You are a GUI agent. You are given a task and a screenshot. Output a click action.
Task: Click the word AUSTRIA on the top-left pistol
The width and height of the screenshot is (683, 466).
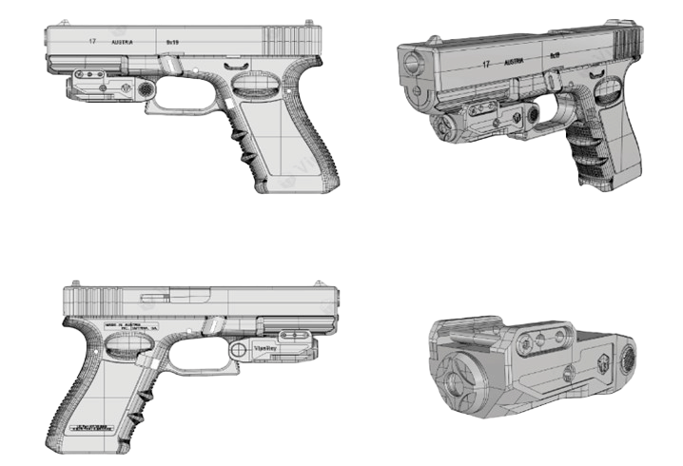[122, 43]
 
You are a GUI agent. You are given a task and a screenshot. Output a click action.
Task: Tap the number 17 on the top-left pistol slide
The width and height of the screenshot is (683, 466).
[92, 42]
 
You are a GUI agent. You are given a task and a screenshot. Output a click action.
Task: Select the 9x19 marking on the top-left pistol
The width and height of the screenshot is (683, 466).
[172, 43]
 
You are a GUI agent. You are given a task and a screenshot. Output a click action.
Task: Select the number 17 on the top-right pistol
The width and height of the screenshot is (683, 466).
[485, 65]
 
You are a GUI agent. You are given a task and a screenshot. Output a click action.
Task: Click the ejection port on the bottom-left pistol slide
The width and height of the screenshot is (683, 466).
[159, 297]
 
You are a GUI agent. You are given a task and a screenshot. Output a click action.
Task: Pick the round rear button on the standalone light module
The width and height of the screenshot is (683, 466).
[627, 359]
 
